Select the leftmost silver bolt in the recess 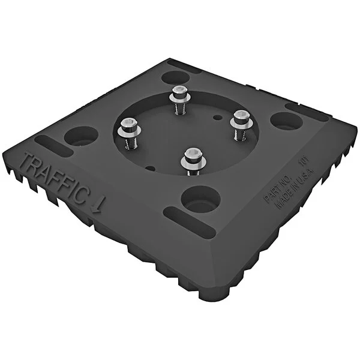[128, 127]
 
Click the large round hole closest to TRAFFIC [80, 134]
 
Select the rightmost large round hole [286, 120]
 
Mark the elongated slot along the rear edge [184, 63]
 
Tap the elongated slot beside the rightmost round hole [306, 112]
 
